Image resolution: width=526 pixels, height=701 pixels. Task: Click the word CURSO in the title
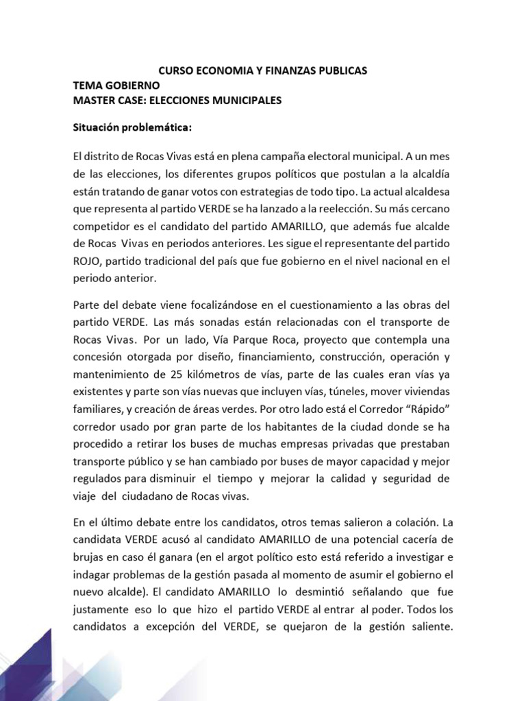click(175, 71)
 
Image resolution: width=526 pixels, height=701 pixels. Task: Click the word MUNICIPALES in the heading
click(249, 101)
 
